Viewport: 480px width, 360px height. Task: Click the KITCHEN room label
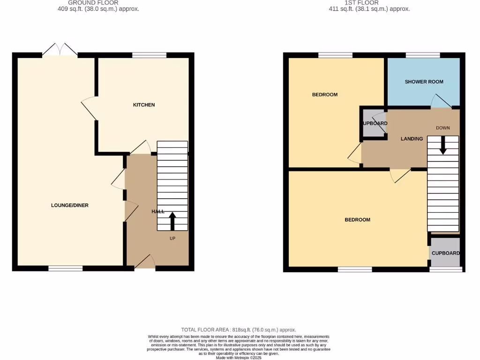[x=143, y=105]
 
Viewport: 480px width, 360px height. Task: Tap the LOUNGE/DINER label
[x=70, y=205]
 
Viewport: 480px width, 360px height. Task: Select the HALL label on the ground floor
[x=157, y=212]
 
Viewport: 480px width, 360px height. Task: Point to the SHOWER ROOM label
[x=424, y=82]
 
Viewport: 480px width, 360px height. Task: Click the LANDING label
[x=412, y=139]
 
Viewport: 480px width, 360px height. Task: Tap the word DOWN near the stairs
[x=442, y=128]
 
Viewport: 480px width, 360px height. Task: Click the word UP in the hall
[x=172, y=238]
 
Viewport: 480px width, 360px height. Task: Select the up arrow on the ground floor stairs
[x=172, y=221]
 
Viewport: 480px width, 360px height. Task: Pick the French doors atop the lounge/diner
[x=60, y=50]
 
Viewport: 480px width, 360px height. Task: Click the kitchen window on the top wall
[x=149, y=55]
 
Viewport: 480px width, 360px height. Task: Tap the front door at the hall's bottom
[x=145, y=262]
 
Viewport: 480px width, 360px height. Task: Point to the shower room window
[x=422, y=55]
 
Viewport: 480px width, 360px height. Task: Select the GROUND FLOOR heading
[x=93, y=3]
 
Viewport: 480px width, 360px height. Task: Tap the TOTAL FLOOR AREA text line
[x=239, y=330]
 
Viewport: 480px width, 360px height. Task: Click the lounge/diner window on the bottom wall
[x=66, y=268]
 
